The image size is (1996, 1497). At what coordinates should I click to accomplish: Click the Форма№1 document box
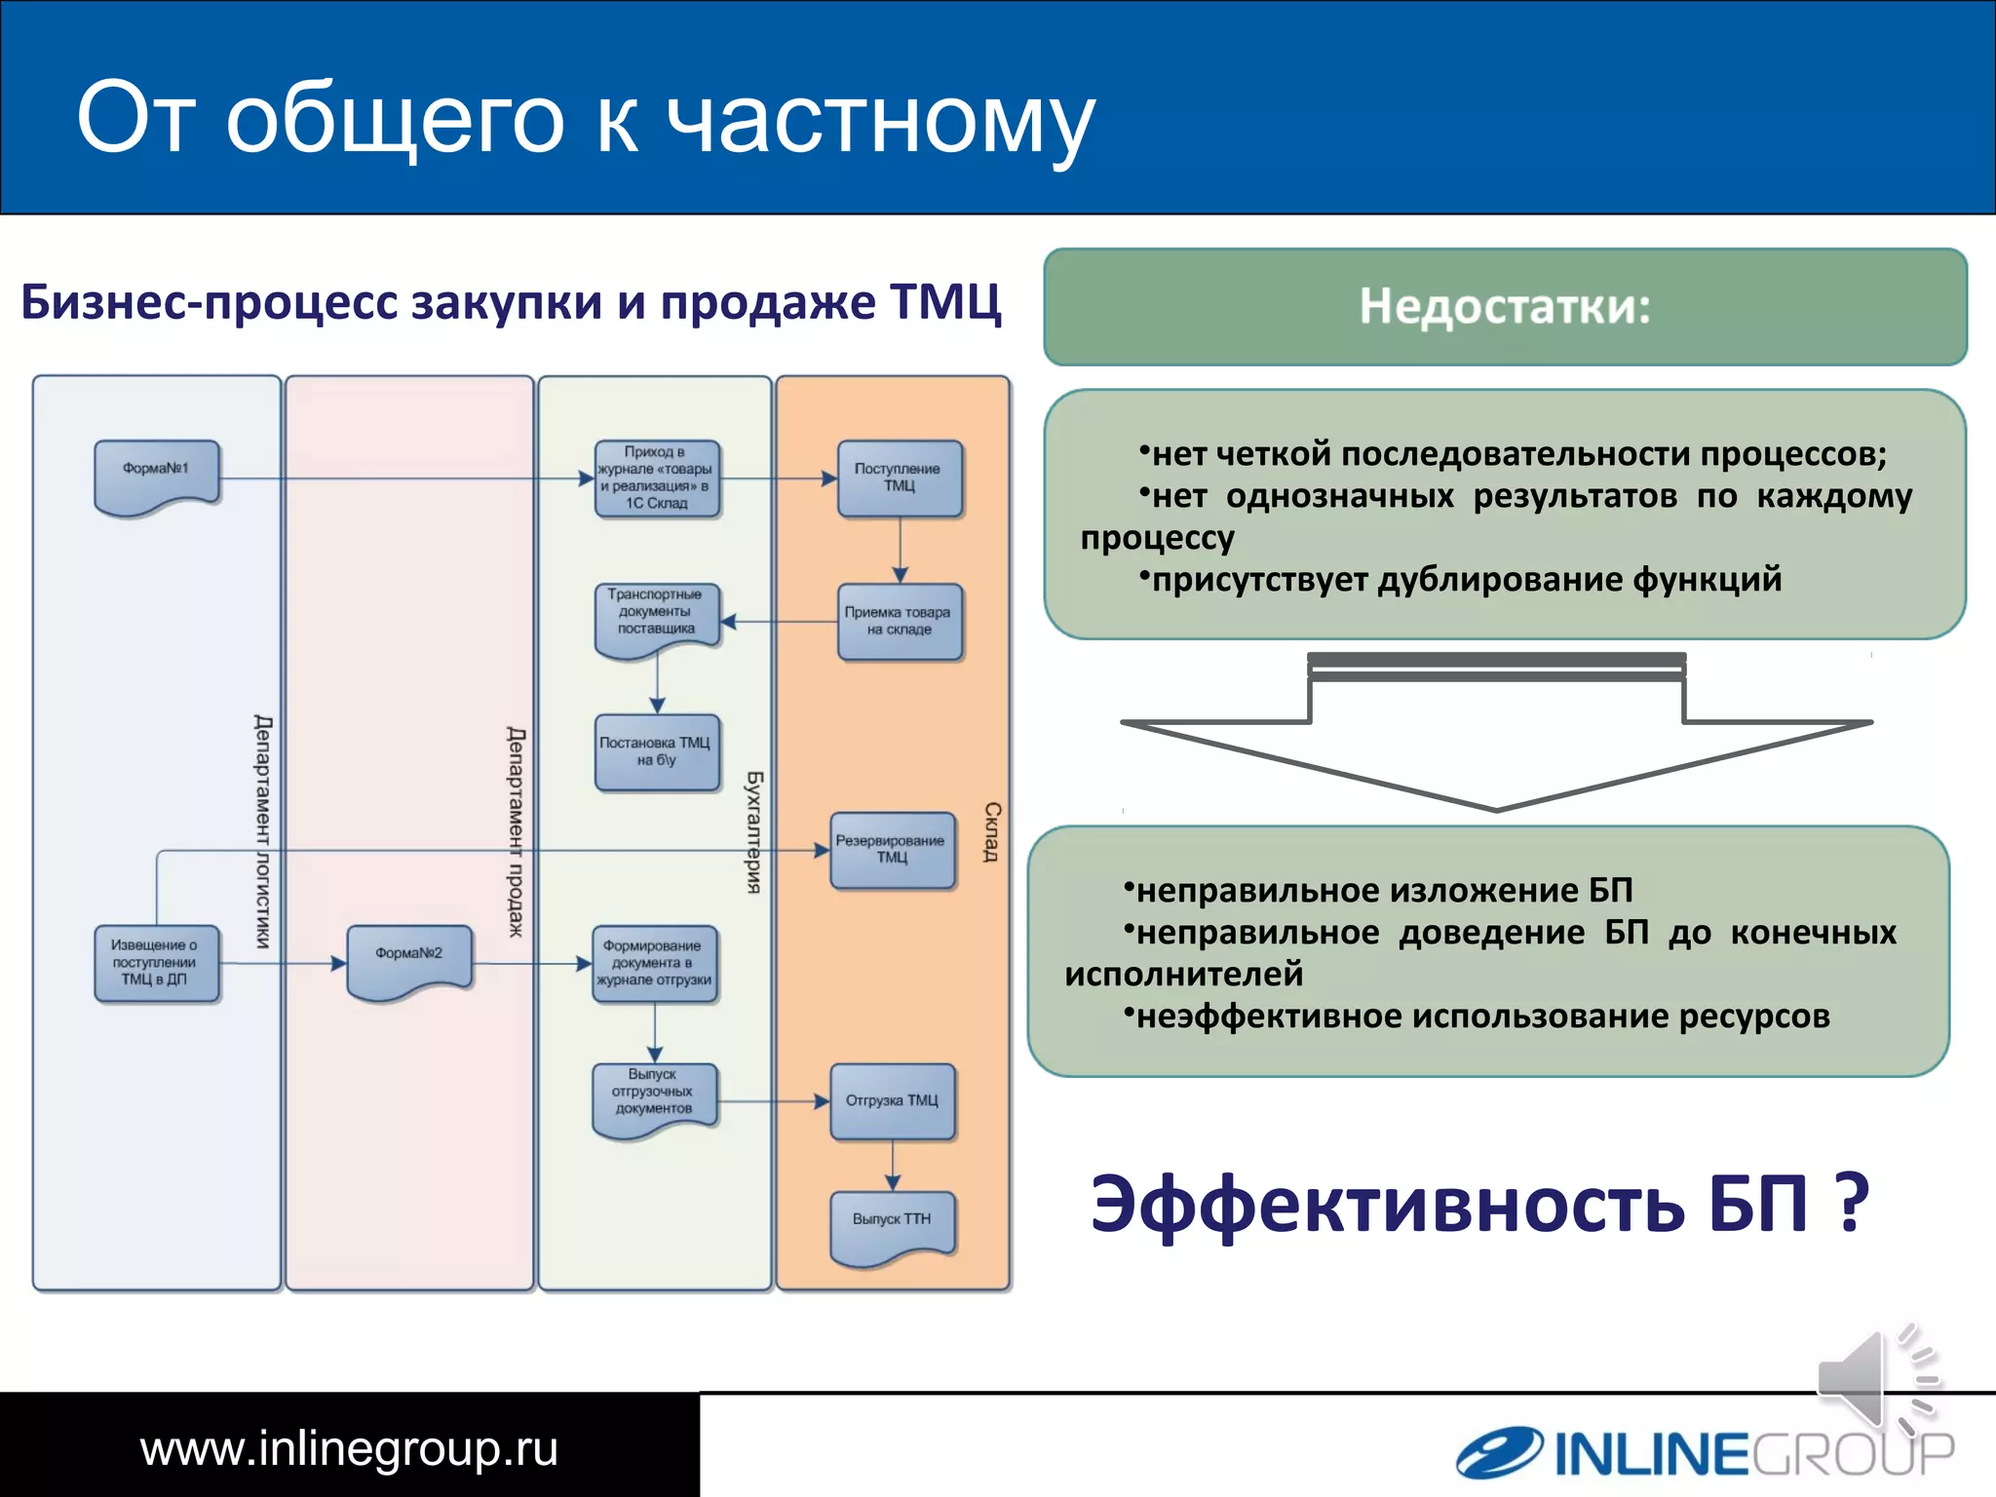[156, 476]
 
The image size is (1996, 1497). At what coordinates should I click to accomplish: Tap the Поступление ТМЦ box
[899, 478]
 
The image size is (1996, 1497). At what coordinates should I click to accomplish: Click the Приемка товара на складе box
[899, 621]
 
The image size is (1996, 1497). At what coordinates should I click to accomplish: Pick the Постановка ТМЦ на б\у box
[656, 752]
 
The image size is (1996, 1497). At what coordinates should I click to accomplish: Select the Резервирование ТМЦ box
[891, 849]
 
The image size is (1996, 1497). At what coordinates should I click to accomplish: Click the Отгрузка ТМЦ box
[892, 1100]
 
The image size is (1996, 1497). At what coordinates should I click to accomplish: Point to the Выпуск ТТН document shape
[892, 1224]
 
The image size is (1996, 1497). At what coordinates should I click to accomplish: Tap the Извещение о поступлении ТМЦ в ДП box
[156, 962]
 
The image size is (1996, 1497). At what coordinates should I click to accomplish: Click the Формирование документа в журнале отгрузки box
[654, 962]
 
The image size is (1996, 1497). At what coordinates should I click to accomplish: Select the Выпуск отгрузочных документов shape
[654, 1096]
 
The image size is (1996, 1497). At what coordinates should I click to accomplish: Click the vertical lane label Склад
[991, 831]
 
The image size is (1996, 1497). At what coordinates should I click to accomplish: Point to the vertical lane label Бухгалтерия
[753, 831]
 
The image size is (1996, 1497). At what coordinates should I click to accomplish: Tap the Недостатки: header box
[1504, 306]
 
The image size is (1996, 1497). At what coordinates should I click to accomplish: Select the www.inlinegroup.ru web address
[349, 1448]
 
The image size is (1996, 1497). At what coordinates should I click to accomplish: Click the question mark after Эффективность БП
[1849, 1203]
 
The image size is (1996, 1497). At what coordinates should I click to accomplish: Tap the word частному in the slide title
[880, 119]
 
